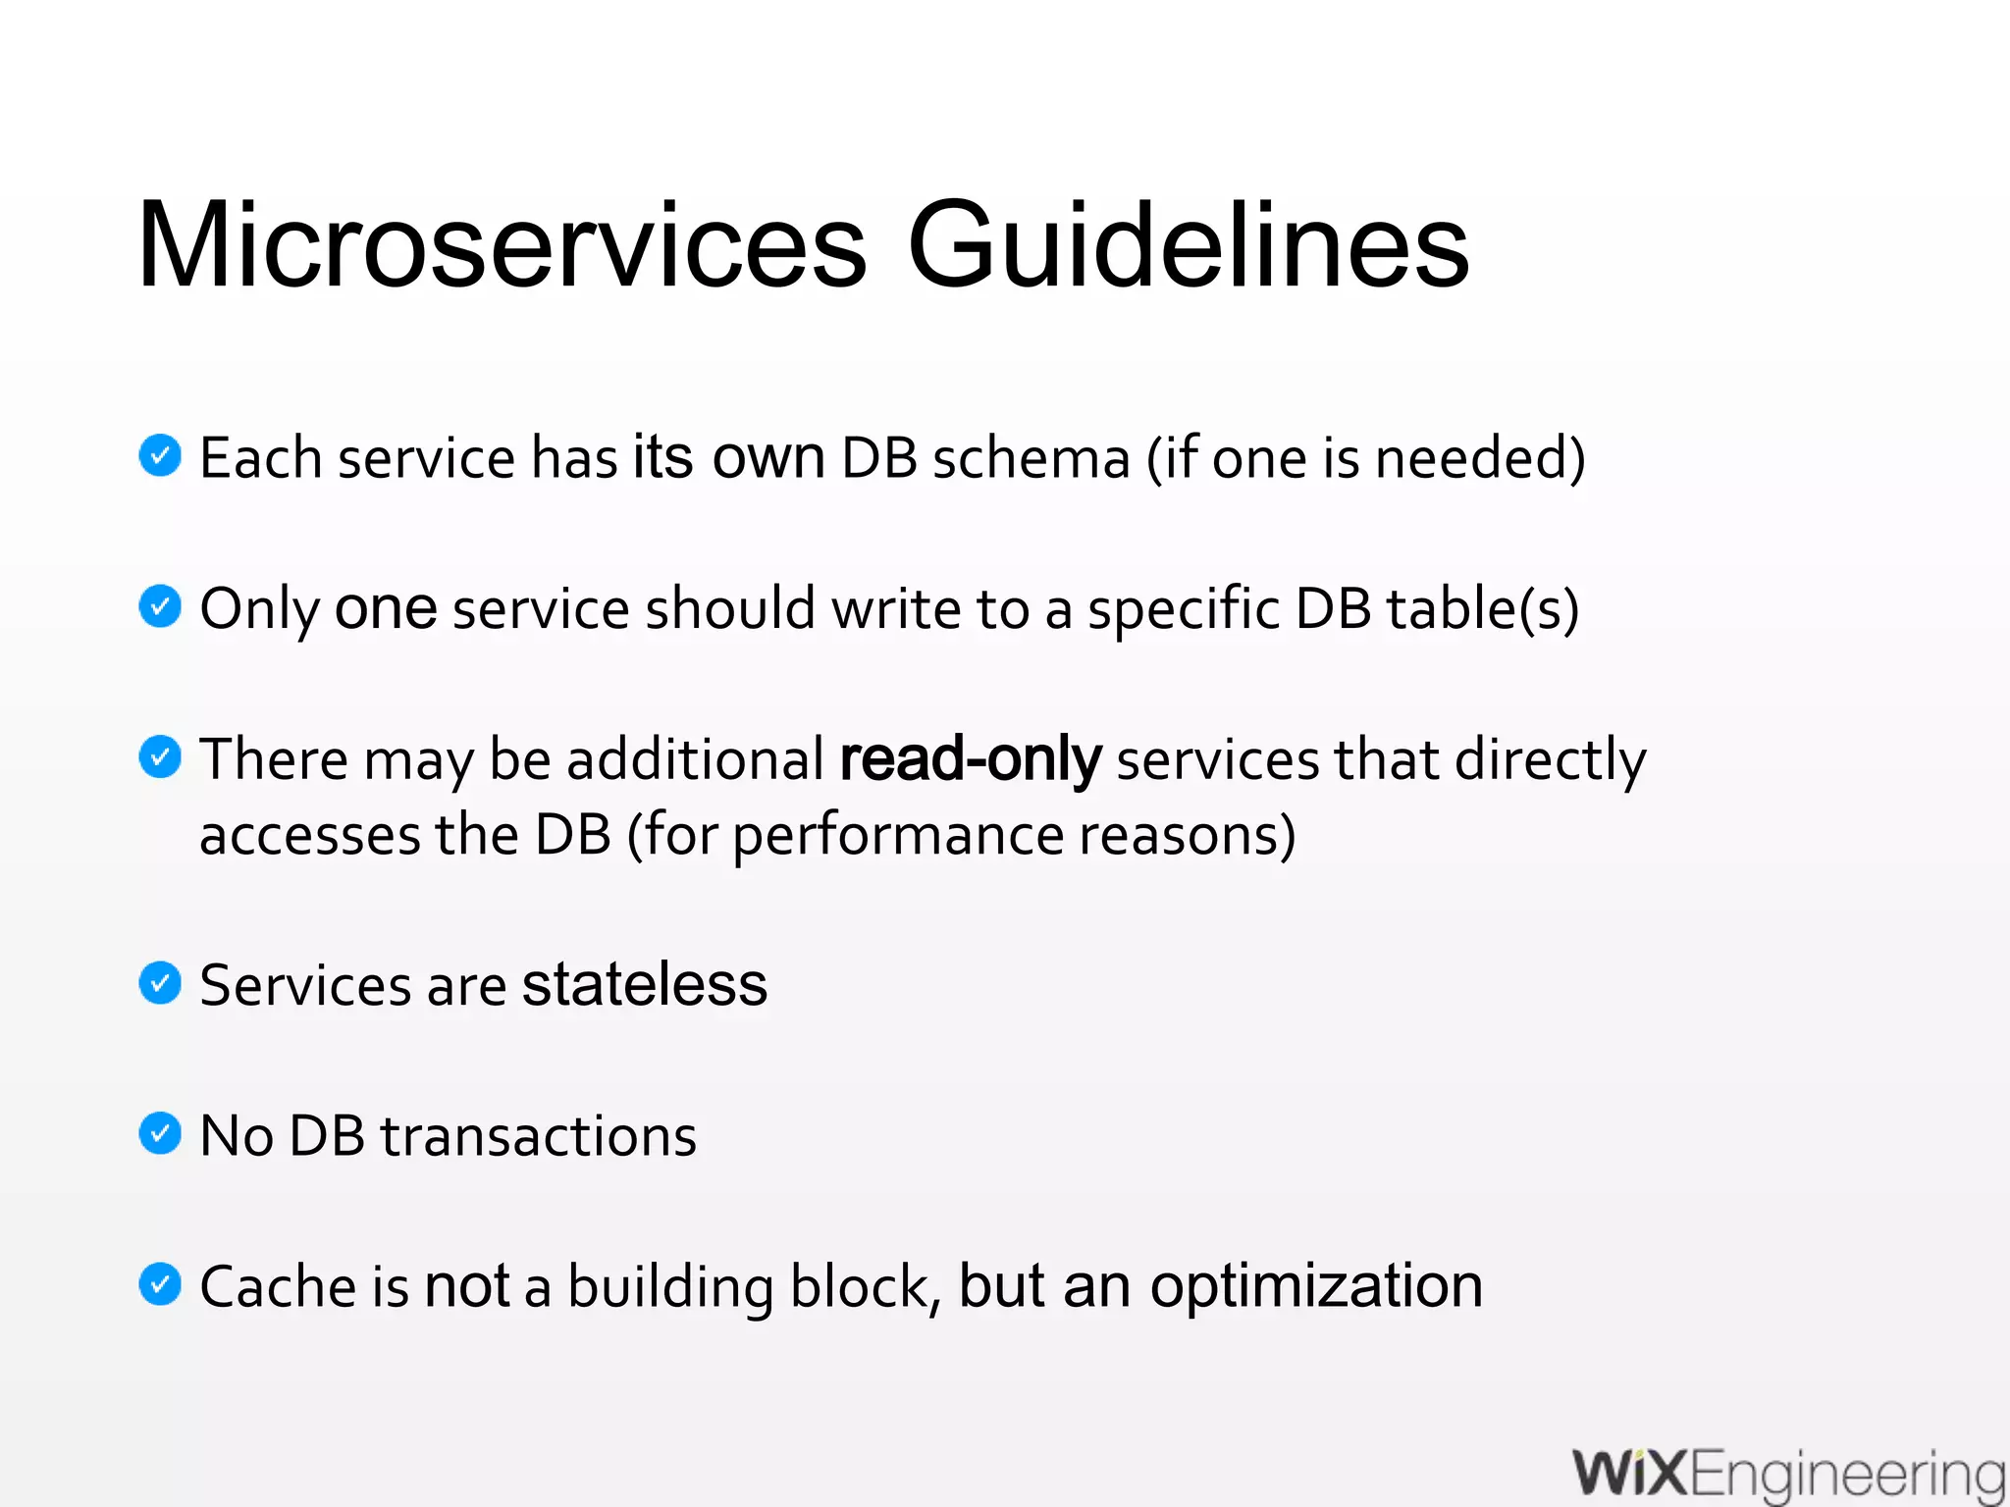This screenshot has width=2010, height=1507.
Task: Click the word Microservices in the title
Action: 501,245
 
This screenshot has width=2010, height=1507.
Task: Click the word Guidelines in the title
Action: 1188,245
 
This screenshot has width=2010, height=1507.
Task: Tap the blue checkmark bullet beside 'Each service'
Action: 160,455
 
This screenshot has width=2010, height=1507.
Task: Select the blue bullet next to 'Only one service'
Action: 160,606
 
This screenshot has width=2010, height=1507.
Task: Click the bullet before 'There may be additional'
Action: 160,757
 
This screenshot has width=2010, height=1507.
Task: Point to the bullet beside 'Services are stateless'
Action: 160,983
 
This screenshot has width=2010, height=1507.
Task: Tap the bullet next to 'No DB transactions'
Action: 160,1134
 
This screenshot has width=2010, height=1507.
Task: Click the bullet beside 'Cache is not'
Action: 160,1285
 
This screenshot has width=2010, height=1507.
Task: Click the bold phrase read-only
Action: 971,759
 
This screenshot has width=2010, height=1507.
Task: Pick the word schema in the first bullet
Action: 1031,458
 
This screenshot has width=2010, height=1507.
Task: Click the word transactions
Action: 538,1136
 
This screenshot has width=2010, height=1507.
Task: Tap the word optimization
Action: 1315,1287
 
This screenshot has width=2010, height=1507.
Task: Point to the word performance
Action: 898,836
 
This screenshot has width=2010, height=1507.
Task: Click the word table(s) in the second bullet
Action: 1482,609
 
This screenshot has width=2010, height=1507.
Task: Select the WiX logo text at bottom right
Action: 1630,1474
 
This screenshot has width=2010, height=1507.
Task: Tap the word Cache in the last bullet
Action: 278,1287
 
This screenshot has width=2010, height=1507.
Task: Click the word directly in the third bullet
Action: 1550,761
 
